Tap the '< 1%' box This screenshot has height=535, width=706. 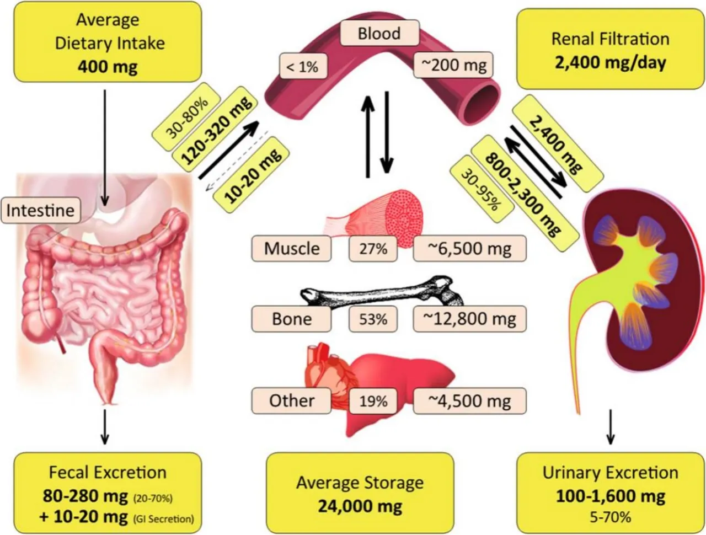(302, 67)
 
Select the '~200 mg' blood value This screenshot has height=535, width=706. (454, 66)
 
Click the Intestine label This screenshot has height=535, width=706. (40, 210)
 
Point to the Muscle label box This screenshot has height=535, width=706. (291, 248)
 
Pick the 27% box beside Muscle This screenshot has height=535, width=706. (373, 249)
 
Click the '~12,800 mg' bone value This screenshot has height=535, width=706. (469, 318)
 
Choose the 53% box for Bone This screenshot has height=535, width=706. (373, 318)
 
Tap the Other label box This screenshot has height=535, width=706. (291, 400)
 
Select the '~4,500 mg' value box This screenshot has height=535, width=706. (469, 400)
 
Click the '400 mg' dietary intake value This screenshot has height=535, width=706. (108, 67)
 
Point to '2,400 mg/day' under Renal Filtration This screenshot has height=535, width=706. (610, 62)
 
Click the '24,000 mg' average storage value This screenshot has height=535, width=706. (360, 506)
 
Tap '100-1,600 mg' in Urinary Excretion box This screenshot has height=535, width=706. (610, 496)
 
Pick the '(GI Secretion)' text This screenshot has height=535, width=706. (164, 518)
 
